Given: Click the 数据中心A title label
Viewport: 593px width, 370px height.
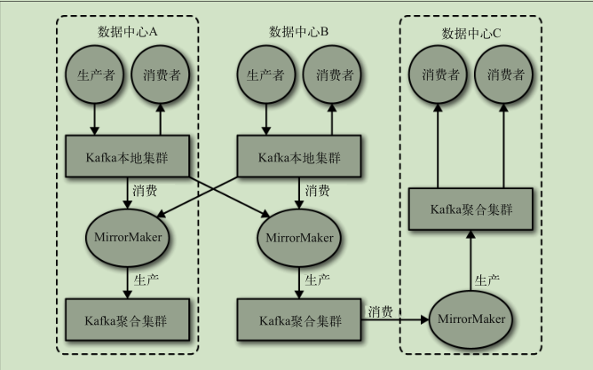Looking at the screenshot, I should click(128, 32).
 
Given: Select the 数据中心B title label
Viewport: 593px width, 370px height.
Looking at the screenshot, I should click(299, 32).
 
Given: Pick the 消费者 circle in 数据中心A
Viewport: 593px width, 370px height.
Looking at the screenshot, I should click(162, 75).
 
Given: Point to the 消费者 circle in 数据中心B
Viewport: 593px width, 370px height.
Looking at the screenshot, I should click(333, 75).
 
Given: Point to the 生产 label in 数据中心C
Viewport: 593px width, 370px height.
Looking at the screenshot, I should click(487, 279).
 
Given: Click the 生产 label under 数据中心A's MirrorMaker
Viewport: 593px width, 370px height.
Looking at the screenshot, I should click(146, 279).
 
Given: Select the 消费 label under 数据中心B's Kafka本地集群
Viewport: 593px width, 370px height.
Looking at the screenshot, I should click(318, 190).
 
